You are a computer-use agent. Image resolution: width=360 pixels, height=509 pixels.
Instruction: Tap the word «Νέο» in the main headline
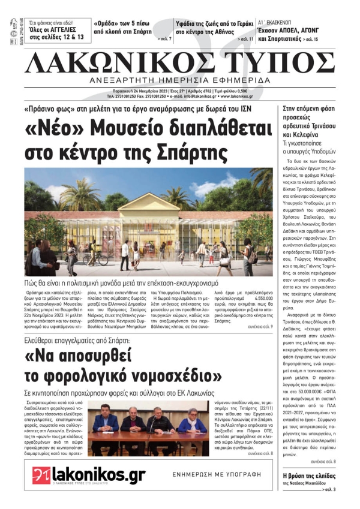click(x=57, y=128)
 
